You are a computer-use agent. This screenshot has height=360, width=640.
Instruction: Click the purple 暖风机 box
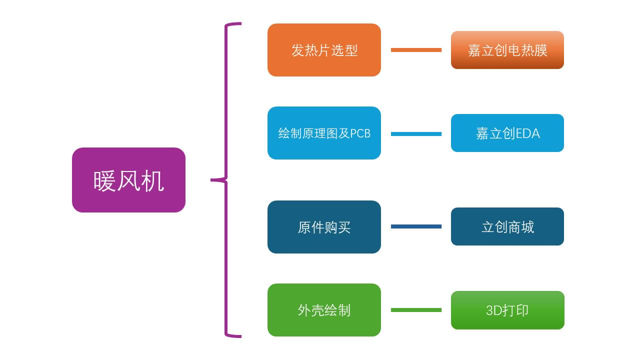128,180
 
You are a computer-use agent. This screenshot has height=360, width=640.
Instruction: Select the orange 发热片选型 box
324,50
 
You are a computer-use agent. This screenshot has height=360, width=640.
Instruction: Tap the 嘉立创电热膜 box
507,50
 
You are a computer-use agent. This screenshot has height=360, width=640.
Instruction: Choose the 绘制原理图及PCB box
324,133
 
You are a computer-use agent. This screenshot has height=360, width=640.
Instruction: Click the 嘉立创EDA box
507,133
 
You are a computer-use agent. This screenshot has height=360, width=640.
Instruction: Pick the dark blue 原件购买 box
324,227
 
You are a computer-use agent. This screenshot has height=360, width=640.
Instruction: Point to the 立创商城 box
507,226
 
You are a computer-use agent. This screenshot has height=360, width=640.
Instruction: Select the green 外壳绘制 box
324,310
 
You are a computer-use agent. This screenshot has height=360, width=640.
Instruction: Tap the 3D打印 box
507,310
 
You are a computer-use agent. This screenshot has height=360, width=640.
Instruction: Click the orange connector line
416,50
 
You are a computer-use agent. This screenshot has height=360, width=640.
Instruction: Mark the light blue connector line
416,134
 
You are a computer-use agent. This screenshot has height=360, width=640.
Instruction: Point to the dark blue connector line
416,226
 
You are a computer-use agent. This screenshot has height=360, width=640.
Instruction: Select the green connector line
416,310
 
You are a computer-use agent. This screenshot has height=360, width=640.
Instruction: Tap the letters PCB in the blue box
360,133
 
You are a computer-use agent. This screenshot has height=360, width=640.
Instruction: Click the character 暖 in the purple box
104,180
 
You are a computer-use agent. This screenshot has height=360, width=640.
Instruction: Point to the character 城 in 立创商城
527,227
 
